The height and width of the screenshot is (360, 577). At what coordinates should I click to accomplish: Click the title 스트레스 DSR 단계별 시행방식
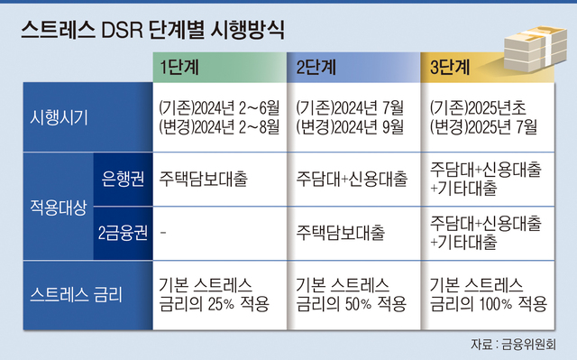coord(151,30)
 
